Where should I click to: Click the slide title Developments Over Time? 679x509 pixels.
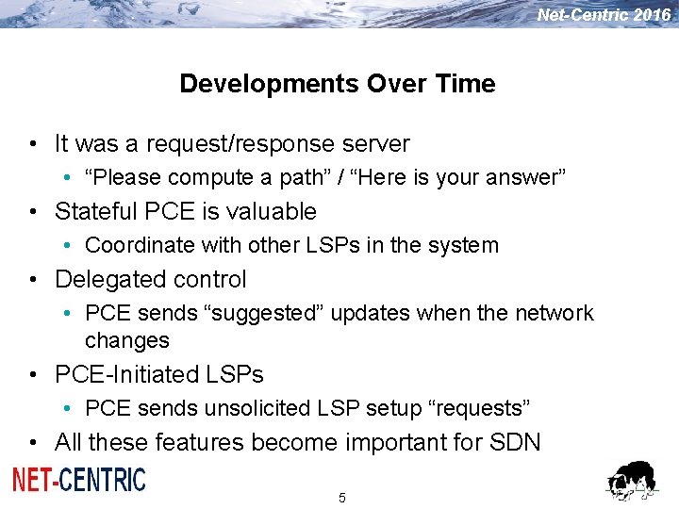click(x=337, y=84)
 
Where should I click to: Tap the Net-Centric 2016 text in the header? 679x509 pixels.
click(x=604, y=14)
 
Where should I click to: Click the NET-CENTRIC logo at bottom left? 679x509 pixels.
click(x=79, y=480)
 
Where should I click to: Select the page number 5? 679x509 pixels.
click(x=341, y=498)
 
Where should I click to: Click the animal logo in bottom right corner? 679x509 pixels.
click(x=631, y=482)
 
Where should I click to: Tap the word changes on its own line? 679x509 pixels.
click(x=127, y=340)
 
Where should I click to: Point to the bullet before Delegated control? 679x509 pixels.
click(x=34, y=280)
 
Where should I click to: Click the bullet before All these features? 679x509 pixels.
click(x=34, y=442)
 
